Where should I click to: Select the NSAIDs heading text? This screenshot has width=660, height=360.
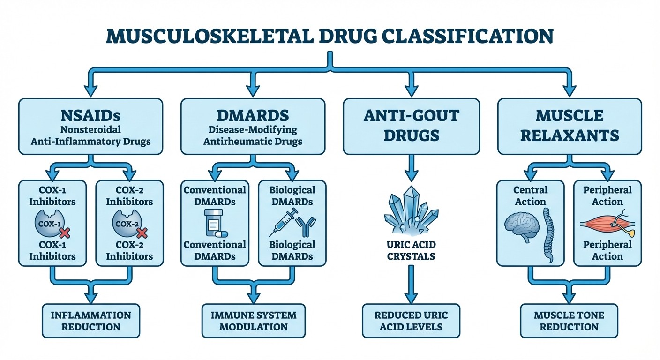coord(90,115)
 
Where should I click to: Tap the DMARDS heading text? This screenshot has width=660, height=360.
coord(253,115)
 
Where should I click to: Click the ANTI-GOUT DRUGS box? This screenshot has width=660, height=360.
coord(411,126)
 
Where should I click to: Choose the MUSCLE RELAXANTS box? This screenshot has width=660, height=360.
coord(569,126)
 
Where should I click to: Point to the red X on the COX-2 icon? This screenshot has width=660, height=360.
coord(142,231)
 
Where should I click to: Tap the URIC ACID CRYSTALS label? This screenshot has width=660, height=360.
coord(411,250)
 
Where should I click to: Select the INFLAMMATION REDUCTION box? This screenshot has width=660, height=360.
coord(91,321)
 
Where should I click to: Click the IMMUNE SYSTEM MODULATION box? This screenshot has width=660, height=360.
coord(253,321)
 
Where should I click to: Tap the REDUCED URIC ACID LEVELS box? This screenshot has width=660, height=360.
coord(411,321)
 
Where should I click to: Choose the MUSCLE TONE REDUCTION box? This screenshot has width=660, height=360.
coord(569,321)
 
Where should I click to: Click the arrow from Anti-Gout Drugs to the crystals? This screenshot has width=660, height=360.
coord(411,168)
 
